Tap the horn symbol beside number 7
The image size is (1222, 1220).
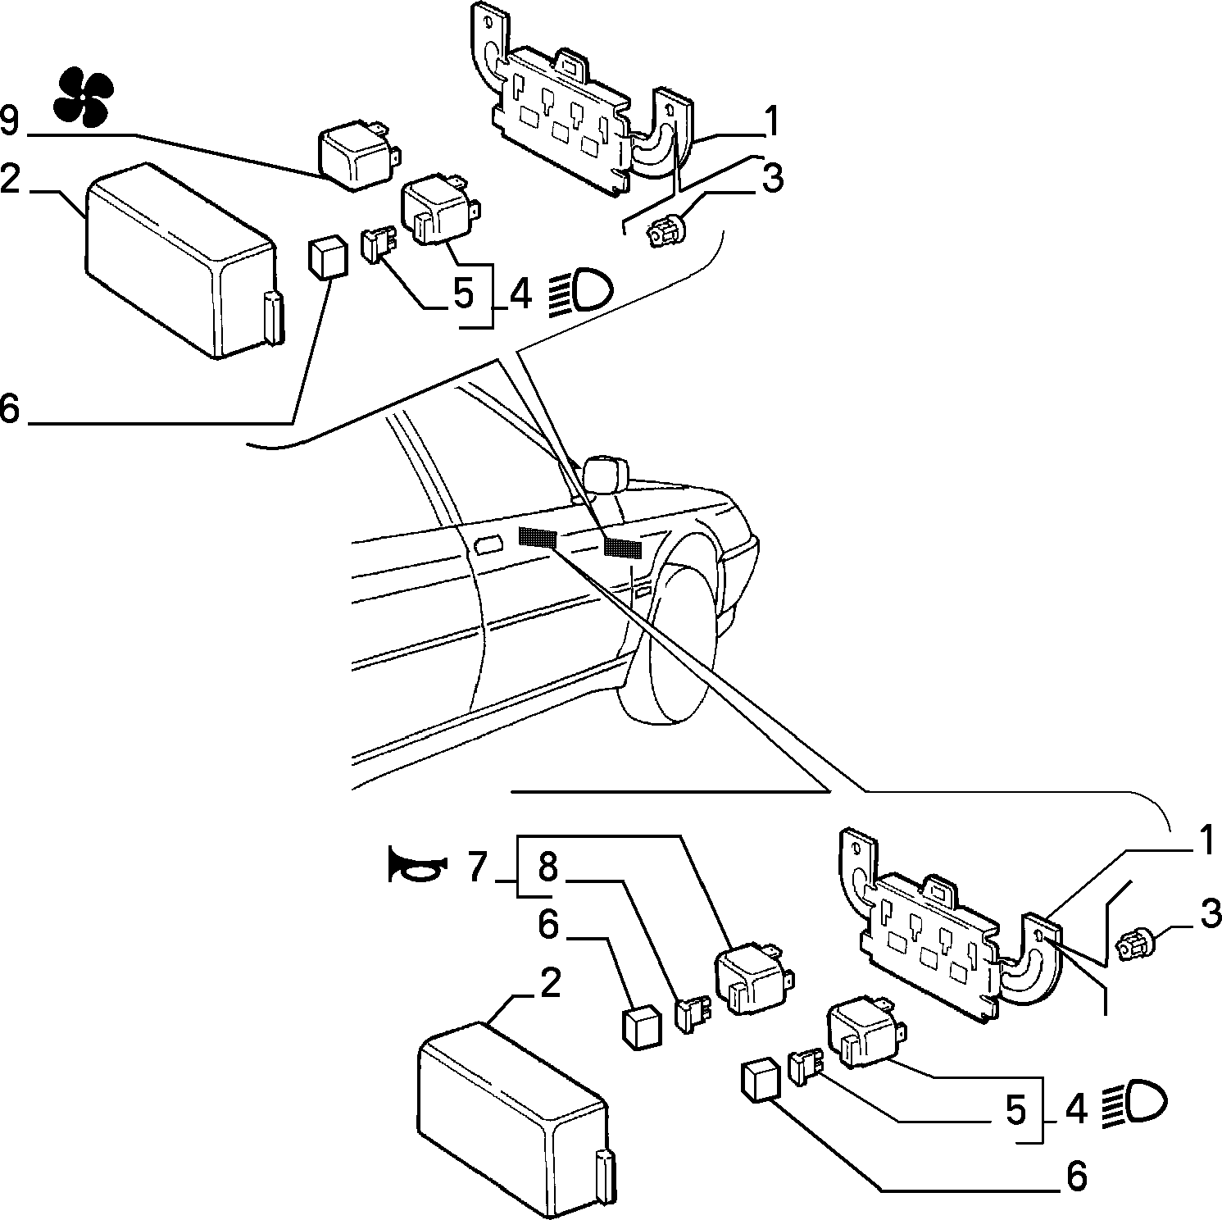click(x=417, y=866)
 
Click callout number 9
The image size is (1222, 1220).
click(x=9, y=121)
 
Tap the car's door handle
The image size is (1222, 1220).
click(x=488, y=546)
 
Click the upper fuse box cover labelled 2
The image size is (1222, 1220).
click(x=184, y=261)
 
